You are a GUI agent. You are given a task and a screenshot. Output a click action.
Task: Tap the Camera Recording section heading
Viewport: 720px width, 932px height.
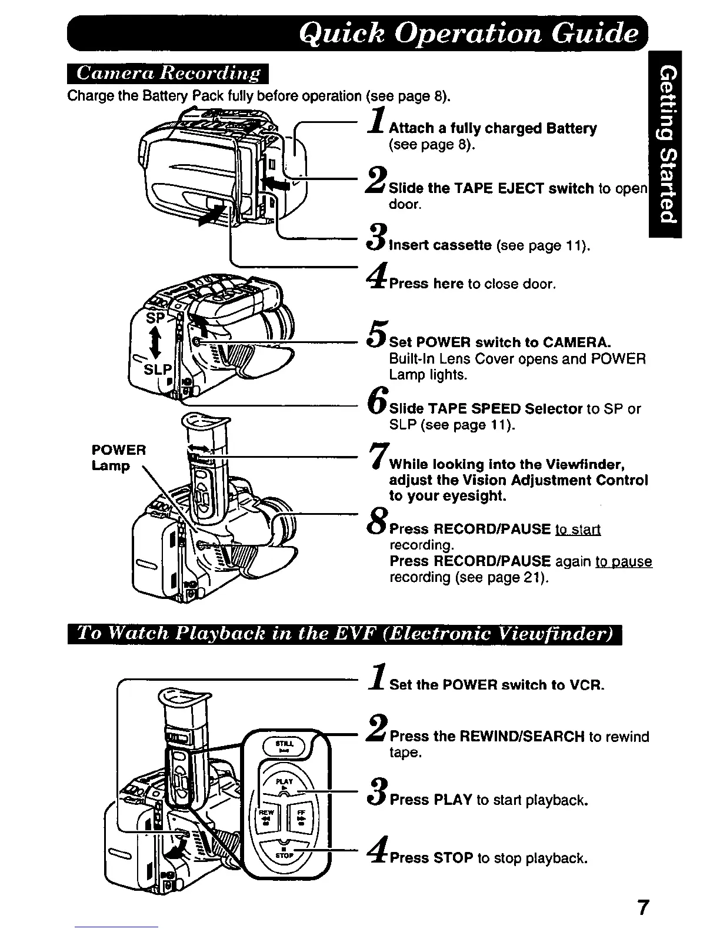tap(168, 74)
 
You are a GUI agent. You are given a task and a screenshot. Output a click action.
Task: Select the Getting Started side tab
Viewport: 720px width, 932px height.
tap(665, 144)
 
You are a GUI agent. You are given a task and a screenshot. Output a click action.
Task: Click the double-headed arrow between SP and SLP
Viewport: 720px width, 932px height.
tap(155, 343)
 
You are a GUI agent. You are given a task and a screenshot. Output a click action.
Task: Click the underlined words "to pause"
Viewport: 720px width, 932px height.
tap(624, 561)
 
